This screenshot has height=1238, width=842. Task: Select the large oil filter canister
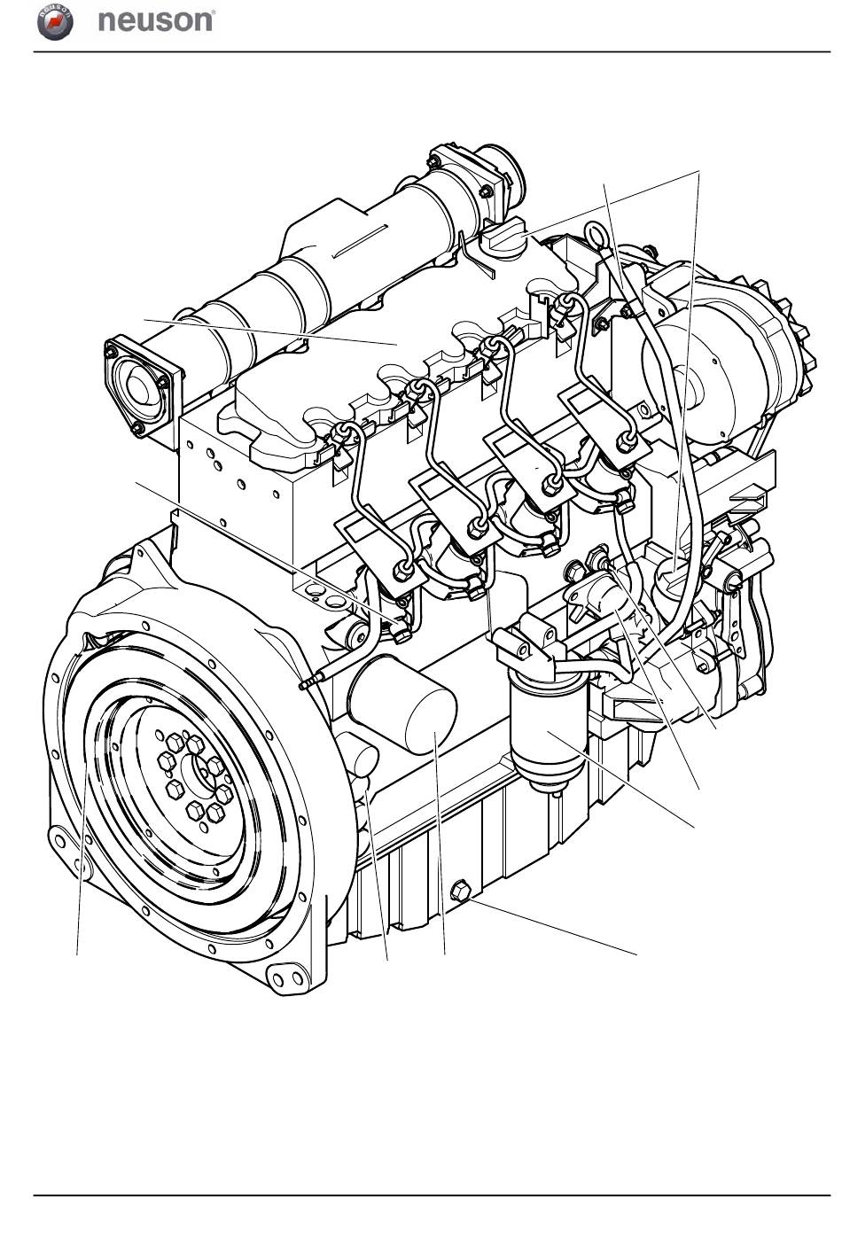point(402,705)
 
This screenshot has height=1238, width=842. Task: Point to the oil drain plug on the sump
point(461,891)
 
